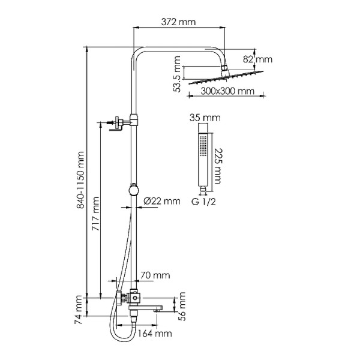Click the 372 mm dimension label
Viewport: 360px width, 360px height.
coord(179,22)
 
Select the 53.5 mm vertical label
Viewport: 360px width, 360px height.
coord(177,74)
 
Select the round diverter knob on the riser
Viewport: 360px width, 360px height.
coord(134,190)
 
